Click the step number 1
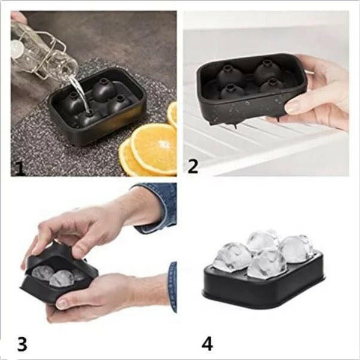(x=20, y=169)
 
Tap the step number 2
(x=193, y=166)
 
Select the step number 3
(x=22, y=344)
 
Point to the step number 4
(x=207, y=344)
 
